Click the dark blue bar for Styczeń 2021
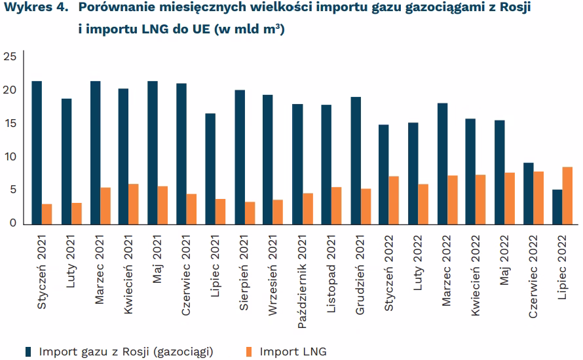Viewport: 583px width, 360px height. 37,153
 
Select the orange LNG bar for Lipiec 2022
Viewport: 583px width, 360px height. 567,196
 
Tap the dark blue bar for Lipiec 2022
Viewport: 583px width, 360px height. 557,207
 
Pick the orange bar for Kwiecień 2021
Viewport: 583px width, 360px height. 134,204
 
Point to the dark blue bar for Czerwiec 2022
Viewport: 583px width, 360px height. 529,194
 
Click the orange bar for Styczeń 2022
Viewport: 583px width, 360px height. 394,200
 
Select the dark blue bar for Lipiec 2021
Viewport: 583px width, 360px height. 210,169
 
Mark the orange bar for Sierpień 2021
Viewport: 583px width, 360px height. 250,213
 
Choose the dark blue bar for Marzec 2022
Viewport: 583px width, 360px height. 442,164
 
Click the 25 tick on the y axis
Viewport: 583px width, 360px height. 10,56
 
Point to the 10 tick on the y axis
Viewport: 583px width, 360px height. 10,157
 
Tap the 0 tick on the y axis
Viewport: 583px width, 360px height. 13,223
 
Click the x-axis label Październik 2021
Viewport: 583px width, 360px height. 302,281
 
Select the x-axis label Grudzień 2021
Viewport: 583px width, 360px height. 360,274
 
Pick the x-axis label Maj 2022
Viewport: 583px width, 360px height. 504,260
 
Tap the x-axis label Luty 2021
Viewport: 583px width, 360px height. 70,261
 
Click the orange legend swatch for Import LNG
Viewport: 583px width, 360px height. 249,352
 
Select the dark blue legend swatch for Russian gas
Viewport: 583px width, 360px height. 28,352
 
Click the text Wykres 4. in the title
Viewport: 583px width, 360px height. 36,7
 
